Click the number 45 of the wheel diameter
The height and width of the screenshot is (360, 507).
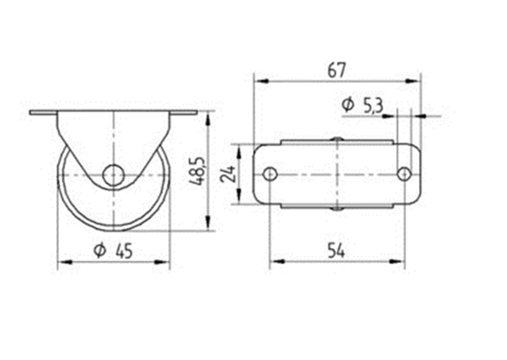coord(125,248)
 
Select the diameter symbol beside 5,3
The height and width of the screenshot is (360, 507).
coord(347,105)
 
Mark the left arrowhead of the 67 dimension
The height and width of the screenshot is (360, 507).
coord(260,81)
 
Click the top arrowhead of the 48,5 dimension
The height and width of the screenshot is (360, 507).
coord(211,117)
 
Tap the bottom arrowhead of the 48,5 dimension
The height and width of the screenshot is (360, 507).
coord(211,230)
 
